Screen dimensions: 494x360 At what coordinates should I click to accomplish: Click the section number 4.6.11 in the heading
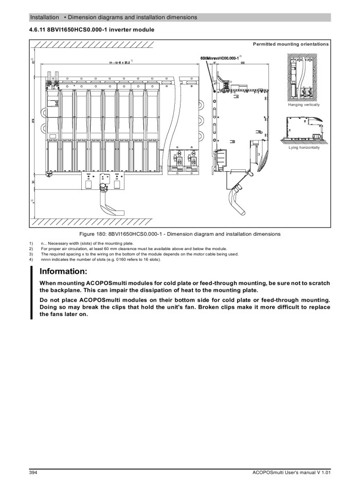pyautogui.click(x=38, y=29)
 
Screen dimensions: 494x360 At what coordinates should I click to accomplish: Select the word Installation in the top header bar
pyautogui.click(x=45, y=17)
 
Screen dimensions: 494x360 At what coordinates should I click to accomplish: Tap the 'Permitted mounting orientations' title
pyautogui.click(x=291, y=44)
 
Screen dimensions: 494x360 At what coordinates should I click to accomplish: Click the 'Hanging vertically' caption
pyautogui.click(x=303, y=104)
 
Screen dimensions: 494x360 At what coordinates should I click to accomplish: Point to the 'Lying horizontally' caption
pyautogui.click(x=303, y=148)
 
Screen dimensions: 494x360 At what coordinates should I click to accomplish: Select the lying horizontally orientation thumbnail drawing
pyautogui.click(x=303, y=130)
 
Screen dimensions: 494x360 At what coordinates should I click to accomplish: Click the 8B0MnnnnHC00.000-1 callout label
pyautogui.click(x=219, y=58)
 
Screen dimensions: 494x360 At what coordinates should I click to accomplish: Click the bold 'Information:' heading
pyautogui.click(x=63, y=271)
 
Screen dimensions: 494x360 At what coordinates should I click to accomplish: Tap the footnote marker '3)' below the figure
pyautogui.click(x=31, y=254)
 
